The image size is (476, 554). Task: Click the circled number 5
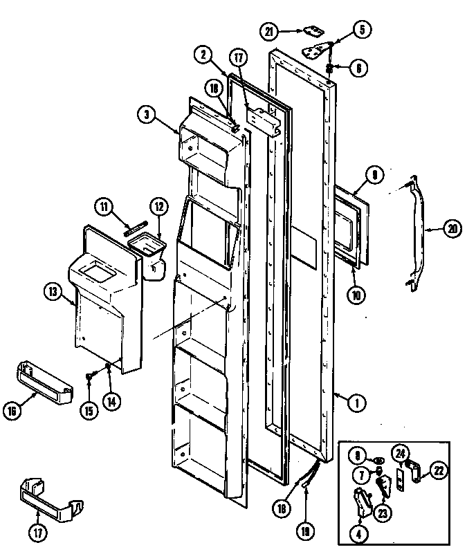pos(362,30)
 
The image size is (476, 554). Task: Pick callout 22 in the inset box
pos(439,471)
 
